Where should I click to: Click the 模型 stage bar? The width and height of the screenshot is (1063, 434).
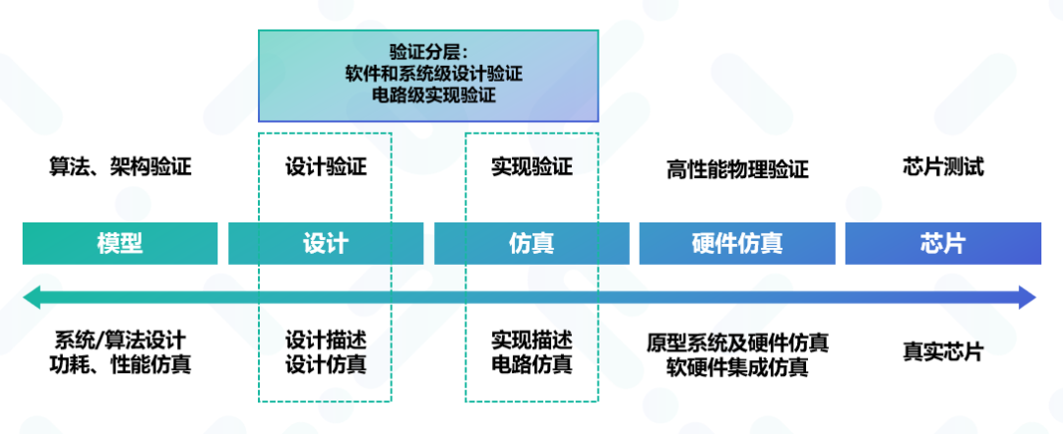tap(120, 244)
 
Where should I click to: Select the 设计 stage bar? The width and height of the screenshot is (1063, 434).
tap(326, 244)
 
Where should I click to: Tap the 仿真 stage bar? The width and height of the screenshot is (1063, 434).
tap(531, 244)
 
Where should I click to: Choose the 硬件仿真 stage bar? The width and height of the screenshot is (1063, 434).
tap(737, 244)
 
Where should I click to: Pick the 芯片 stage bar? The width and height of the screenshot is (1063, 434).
tap(942, 244)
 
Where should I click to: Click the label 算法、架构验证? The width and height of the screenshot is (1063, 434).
tap(120, 167)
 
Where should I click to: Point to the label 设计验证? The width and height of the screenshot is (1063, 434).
tap(326, 167)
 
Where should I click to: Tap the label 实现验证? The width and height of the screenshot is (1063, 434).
tap(531, 167)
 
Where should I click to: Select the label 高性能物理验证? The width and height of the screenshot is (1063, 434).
tap(737, 170)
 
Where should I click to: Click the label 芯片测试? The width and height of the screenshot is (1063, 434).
tap(943, 167)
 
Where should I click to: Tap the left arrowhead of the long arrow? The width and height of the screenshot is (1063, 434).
tap(31, 297)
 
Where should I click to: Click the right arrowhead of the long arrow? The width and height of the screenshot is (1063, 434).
tap(1028, 297)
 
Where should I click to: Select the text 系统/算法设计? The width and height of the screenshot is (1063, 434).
tap(120, 341)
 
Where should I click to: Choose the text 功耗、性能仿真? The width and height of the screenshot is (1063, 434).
tap(120, 365)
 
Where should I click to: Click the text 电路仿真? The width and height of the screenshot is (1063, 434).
tap(531, 365)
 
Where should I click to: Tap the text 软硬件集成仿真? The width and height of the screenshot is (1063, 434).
tap(737, 368)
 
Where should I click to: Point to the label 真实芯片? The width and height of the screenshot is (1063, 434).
tap(943, 351)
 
